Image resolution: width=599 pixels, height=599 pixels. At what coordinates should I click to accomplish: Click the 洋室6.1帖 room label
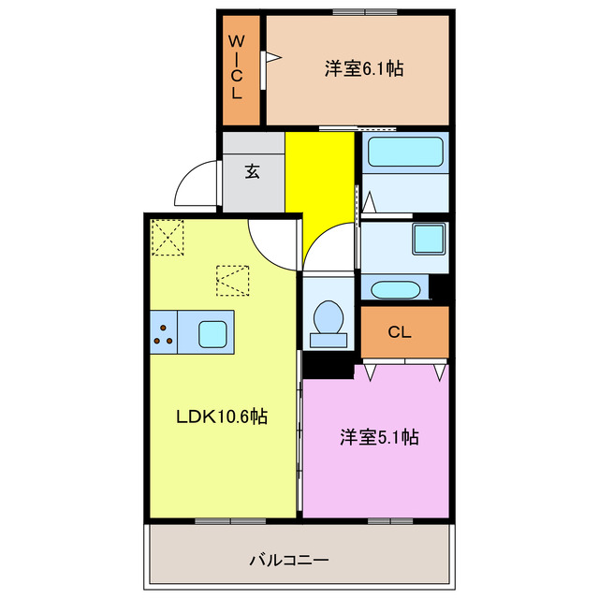(x=364, y=68)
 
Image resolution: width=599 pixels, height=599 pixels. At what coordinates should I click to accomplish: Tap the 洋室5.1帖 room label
(x=378, y=436)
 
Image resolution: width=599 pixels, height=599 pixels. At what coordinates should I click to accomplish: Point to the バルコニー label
(x=288, y=560)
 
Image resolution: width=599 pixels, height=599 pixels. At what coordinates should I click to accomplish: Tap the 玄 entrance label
(x=253, y=171)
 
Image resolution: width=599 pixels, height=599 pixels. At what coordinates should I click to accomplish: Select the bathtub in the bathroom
(x=404, y=152)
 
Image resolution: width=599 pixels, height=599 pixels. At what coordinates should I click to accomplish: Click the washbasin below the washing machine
(x=395, y=288)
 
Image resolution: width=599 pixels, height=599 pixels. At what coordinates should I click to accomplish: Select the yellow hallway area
(x=320, y=187)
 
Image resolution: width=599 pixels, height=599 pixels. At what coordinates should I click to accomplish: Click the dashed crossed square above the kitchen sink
(x=232, y=280)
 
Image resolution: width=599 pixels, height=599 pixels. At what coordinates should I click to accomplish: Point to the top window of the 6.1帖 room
(x=363, y=12)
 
